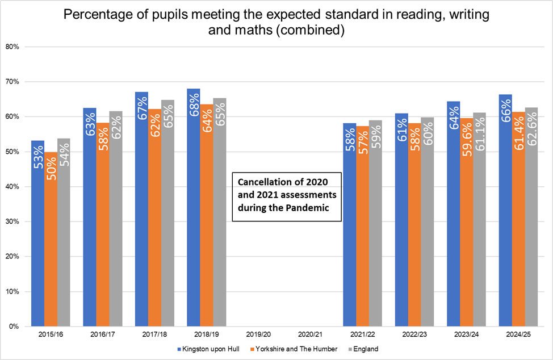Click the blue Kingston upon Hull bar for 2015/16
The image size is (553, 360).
(x=37, y=238)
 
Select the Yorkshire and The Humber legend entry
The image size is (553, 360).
(x=299, y=349)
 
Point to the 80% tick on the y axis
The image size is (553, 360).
(x=12, y=47)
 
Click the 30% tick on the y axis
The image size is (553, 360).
(x=12, y=221)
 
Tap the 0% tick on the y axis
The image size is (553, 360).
(x=14, y=326)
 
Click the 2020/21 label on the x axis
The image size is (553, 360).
(x=309, y=335)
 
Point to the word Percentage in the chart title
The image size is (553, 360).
(x=95, y=15)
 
